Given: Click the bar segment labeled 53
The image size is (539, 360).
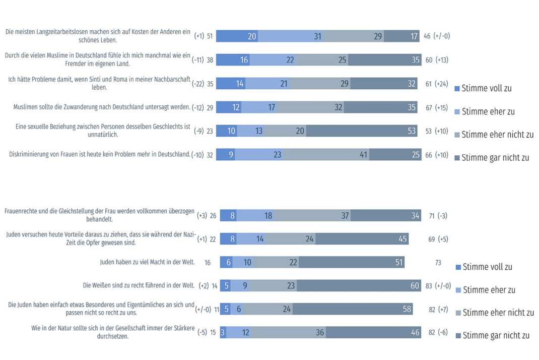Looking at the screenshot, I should point(362,131).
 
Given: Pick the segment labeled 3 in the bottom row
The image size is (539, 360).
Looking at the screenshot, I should point(223,332).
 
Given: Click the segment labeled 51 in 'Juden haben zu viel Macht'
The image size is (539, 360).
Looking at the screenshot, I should point(352,262).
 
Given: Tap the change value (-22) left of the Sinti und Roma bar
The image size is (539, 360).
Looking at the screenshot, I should point(198,84).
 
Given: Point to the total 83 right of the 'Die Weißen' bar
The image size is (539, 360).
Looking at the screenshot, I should point(429,285).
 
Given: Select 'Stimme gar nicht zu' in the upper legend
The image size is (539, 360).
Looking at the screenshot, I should point(495,157).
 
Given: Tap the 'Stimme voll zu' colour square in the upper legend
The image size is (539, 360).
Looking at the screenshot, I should point(457,89).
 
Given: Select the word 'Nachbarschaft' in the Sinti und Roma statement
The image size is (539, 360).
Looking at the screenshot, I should point(171,79).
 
